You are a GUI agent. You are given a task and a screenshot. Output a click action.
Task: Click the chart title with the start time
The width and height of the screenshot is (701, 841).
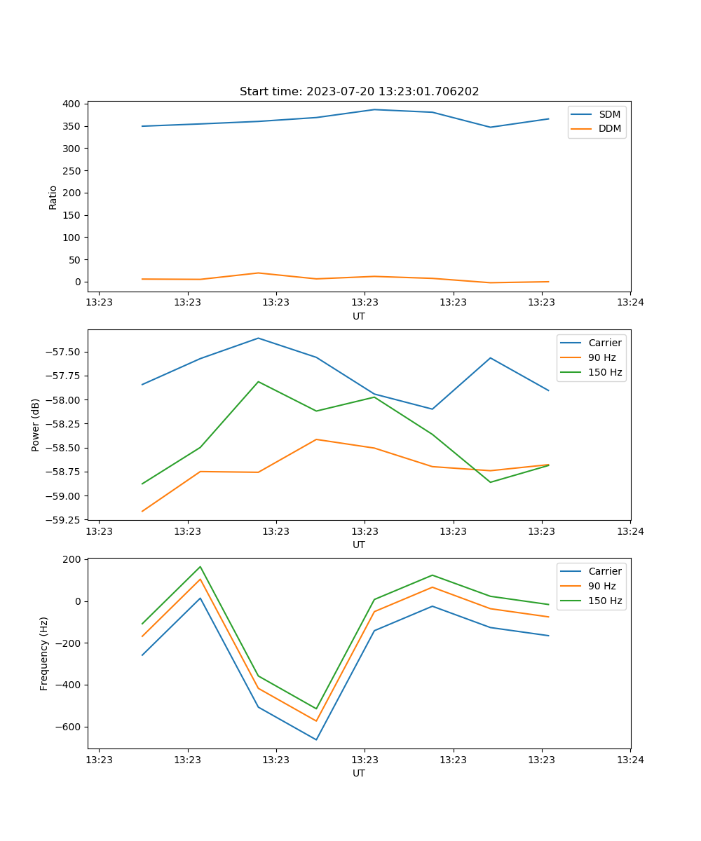(359, 92)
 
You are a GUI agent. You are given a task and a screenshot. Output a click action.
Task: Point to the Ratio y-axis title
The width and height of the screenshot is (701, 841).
(53, 197)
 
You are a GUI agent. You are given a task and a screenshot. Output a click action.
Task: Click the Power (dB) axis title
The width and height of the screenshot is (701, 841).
(36, 425)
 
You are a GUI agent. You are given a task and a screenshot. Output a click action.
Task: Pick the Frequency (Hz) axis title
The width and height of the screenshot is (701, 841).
(44, 653)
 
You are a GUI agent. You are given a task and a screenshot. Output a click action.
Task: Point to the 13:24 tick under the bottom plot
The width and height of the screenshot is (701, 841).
(629, 759)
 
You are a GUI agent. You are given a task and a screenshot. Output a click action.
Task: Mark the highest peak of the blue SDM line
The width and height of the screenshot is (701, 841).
(374, 109)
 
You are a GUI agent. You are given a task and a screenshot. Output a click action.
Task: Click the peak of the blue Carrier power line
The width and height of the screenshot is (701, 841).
(258, 339)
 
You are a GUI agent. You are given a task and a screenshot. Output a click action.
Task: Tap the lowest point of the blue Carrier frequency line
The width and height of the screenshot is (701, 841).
(316, 739)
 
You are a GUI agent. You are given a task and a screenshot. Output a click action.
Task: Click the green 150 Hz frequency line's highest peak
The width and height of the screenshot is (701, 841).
(200, 567)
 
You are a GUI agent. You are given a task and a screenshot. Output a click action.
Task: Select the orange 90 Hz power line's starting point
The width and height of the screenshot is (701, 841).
(142, 511)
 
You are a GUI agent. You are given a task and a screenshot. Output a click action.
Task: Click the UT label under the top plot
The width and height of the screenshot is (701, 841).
(359, 317)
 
